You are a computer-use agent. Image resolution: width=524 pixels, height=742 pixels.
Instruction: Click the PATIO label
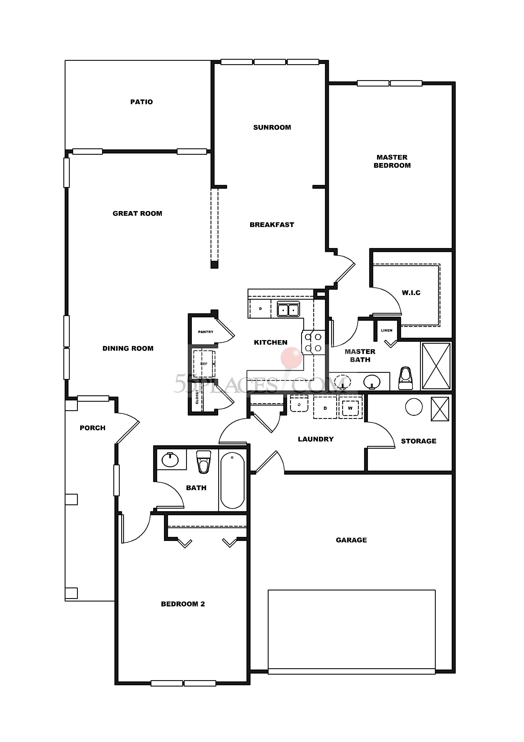click(141, 102)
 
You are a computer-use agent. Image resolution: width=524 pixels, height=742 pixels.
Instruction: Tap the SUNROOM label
click(272, 127)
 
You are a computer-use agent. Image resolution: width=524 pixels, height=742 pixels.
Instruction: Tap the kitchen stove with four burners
click(313, 343)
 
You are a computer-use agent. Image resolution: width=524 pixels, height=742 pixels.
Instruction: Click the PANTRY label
click(206, 332)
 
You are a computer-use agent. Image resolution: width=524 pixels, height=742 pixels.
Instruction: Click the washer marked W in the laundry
click(350, 408)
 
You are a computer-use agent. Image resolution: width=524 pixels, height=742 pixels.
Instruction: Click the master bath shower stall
click(436, 366)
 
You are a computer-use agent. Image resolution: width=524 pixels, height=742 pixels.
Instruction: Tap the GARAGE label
click(351, 540)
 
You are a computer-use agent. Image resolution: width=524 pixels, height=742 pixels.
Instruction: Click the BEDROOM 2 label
click(183, 604)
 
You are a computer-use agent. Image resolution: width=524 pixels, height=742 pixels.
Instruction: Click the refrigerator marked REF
click(204, 364)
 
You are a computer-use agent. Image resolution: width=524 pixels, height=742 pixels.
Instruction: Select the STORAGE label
click(418, 441)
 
